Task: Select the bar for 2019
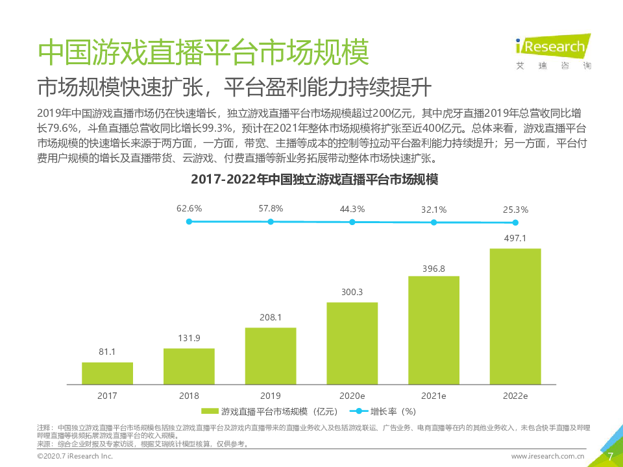[271, 355]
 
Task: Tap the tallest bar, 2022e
[515, 315]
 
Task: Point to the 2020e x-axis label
[352, 395]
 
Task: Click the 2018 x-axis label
[189, 395]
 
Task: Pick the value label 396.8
[434, 267]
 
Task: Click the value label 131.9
[189, 338]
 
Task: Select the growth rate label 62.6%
[189, 209]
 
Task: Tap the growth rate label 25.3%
[515, 210]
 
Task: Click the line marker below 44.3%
[352, 222]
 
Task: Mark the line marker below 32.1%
[434, 222]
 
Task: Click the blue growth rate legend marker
[359, 411]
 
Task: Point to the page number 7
[610, 456]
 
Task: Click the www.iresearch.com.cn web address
[548, 457]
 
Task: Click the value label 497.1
[515, 238]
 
